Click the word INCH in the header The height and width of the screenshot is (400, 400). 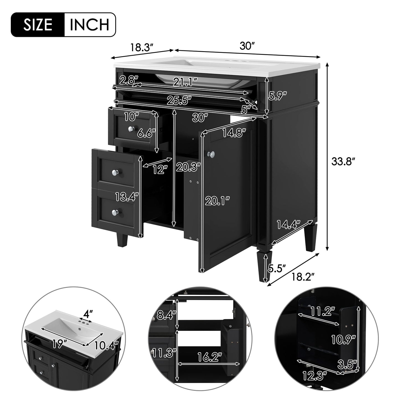coord(89,25)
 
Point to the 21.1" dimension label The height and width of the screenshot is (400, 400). coord(185,82)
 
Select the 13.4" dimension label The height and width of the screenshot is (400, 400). coord(127,197)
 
